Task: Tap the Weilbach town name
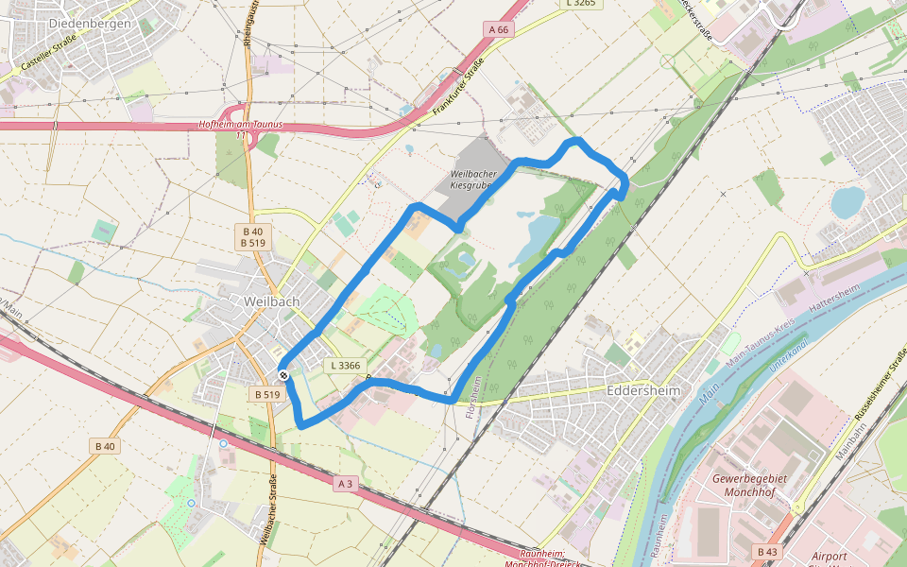[271, 301]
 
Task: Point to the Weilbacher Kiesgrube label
[471, 180]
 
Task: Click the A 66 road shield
[499, 30]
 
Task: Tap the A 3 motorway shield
[346, 484]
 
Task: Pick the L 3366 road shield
[346, 365]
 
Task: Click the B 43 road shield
[767, 551]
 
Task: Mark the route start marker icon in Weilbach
[283, 375]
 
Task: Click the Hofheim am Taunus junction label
[240, 126]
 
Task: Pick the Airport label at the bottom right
[830, 557]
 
